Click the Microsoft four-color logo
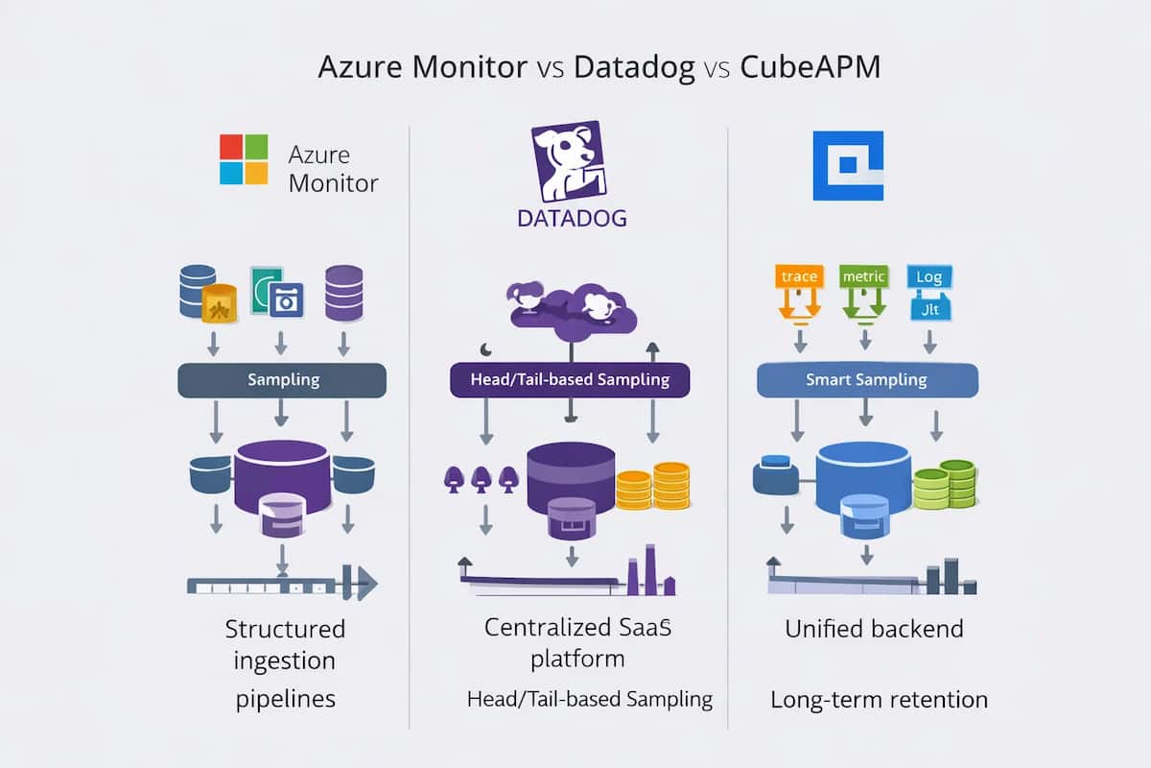pos(244,158)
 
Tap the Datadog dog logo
pos(566,160)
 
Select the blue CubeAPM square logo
pos(848,165)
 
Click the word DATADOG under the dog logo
pos(572,218)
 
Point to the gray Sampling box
pos(282,380)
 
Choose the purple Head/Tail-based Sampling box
pos(570,380)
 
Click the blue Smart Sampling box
pos(867,380)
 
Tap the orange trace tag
pos(799,277)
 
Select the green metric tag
pos(863,277)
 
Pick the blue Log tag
pos(928,277)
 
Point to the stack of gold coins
pos(652,485)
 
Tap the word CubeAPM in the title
pos(811,69)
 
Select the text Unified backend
pos(874,630)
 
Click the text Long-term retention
pos(879,700)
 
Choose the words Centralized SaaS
pos(577,629)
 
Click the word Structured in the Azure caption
pos(285,630)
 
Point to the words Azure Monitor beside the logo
pos(333,168)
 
